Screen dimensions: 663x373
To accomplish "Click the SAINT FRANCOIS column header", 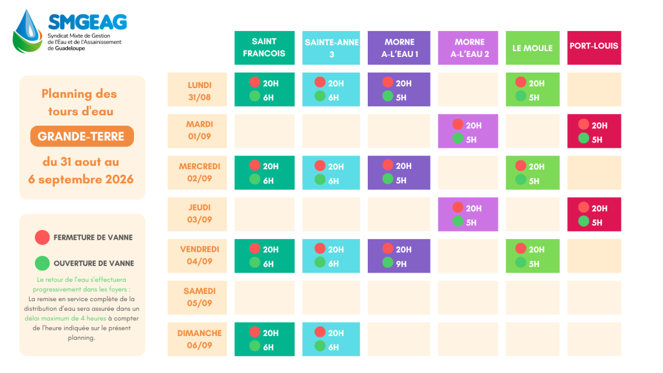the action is click(264, 48).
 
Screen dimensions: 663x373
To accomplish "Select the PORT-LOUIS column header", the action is click(594, 48).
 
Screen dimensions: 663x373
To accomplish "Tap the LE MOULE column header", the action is click(532, 48).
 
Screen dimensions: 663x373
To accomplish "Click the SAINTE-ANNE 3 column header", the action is click(331, 48).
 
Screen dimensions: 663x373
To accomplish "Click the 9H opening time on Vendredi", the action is click(401, 264).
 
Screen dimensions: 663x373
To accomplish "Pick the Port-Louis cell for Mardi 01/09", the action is click(594, 131).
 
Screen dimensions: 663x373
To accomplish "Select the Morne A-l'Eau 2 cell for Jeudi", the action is click(467, 214).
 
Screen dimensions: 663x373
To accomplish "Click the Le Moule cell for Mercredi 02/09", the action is click(532, 172).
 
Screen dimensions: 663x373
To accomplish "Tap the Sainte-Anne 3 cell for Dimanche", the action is click(331, 339).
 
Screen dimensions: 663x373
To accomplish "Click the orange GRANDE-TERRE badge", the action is click(82, 136).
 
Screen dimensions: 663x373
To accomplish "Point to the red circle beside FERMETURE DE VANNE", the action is click(42, 237).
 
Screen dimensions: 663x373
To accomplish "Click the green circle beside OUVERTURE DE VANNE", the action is click(42, 263).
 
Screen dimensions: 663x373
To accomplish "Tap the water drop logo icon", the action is click(27, 32).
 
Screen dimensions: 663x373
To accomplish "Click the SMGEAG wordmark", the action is click(87, 22).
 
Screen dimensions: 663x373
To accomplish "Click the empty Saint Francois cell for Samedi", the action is click(264, 297).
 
